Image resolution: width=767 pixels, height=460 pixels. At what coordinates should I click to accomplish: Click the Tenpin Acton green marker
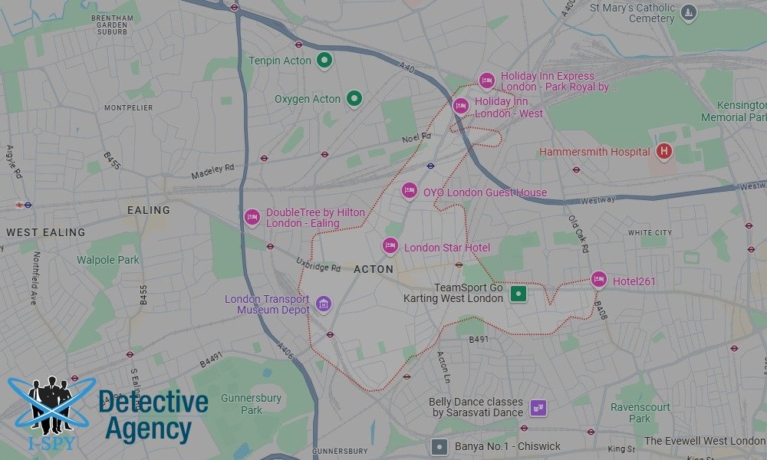[x=324, y=60]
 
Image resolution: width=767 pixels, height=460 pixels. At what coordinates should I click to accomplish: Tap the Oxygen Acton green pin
[x=354, y=98]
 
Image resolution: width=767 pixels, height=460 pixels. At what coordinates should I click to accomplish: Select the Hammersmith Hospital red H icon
[x=664, y=152]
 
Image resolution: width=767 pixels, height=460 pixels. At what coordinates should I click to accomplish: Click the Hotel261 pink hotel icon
[x=599, y=280]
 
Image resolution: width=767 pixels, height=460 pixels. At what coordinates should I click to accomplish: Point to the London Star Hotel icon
[x=390, y=246]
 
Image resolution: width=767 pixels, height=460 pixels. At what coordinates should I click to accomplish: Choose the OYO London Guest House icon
[x=410, y=191]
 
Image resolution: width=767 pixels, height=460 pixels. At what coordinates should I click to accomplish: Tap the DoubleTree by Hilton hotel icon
[x=252, y=218]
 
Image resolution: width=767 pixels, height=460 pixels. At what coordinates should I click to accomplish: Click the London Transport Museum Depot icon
[x=324, y=304]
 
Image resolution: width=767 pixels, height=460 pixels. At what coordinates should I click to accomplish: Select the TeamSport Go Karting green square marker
[x=519, y=294]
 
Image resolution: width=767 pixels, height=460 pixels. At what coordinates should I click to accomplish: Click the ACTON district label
[x=374, y=269]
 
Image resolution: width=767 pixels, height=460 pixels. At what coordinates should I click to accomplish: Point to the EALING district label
[x=149, y=210]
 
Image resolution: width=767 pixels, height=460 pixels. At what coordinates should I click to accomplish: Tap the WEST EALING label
[x=46, y=232]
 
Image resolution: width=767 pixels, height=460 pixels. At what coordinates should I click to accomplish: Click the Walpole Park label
[x=108, y=260]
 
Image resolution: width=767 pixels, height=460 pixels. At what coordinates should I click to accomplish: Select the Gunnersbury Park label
[x=242, y=404]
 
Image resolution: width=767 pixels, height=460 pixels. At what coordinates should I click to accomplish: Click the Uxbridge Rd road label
[x=318, y=267]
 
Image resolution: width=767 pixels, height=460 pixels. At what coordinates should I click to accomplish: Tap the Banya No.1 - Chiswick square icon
[x=439, y=446]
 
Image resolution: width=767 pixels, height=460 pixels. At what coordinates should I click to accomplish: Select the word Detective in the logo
[x=153, y=402]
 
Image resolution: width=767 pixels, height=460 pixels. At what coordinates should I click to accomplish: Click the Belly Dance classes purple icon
[x=539, y=407]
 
